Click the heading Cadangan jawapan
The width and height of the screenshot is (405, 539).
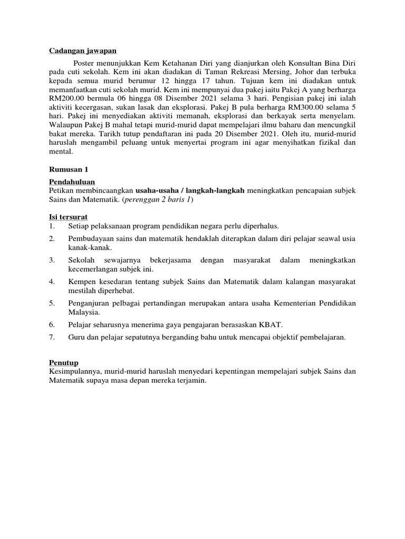(83, 51)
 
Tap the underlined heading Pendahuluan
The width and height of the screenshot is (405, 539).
(71, 182)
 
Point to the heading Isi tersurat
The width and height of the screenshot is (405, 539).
(68, 217)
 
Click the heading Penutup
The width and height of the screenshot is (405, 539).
(64, 363)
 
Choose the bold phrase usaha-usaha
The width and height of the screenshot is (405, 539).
(157, 191)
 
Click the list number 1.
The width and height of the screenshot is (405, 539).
(51, 226)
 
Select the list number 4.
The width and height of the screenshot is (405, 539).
(52, 282)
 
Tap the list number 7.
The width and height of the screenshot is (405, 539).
(52, 337)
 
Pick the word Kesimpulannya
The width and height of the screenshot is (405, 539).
(75, 371)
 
